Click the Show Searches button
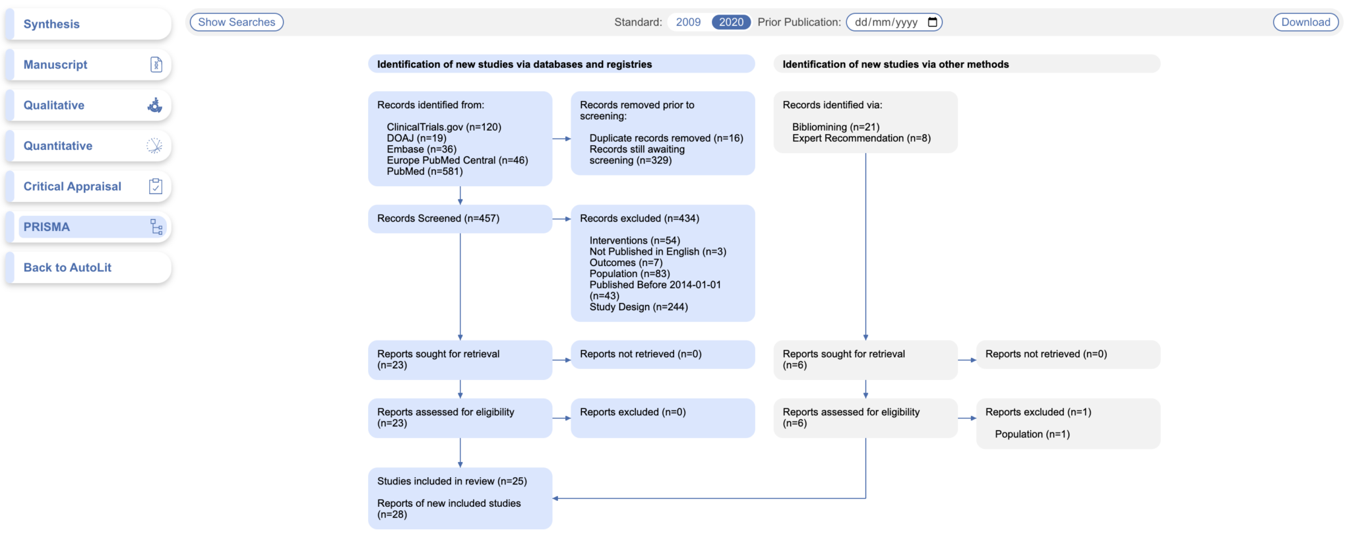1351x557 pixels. (x=236, y=22)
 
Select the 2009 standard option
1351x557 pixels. (x=688, y=22)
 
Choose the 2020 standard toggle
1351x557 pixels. (x=731, y=22)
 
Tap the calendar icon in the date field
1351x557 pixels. (x=932, y=22)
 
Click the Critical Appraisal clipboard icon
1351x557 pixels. (x=156, y=187)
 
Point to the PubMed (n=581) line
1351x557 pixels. (x=425, y=172)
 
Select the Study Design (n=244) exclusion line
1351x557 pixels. (x=638, y=307)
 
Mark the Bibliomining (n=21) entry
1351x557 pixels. (x=835, y=127)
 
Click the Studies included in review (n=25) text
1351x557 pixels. (x=452, y=481)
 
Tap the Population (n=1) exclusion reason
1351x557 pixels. (x=1032, y=434)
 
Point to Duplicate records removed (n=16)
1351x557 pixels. (x=666, y=138)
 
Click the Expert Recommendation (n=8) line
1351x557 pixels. (x=861, y=138)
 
